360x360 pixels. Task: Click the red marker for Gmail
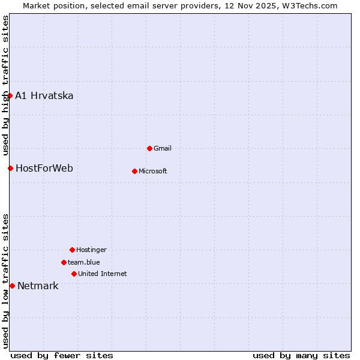pyautogui.click(x=149, y=148)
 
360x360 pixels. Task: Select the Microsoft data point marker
pyautogui.click(x=134, y=171)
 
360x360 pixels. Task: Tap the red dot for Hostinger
pyautogui.click(x=72, y=250)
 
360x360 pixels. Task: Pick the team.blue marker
pyautogui.click(x=64, y=262)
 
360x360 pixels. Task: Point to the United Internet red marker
pyautogui.click(x=74, y=274)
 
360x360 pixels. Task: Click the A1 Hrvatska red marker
pyautogui.click(x=10, y=95)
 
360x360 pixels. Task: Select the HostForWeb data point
pyautogui.click(x=10, y=168)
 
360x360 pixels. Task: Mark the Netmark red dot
pyautogui.click(x=12, y=286)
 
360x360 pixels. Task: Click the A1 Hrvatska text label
pyautogui.click(x=44, y=96)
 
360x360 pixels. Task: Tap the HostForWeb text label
pyautogui.click(x=44, y=168)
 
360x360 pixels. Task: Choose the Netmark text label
pyautogui.click(x=38, y=286)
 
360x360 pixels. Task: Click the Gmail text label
pyautogui.click(x=163, y=148)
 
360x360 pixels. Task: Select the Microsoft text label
pyautogui.click(x=153, y=171)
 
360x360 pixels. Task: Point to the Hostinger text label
pyautogui.click(x=91, y=250)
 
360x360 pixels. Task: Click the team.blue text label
pyautogui.click(x=84, y=262)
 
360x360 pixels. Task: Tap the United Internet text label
pyautogui.click(x=103, y=274)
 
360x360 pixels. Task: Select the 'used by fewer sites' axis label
pyautogui.click(x=62, y=355)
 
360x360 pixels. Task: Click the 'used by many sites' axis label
pyautogui.click(x=301, y=355)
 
